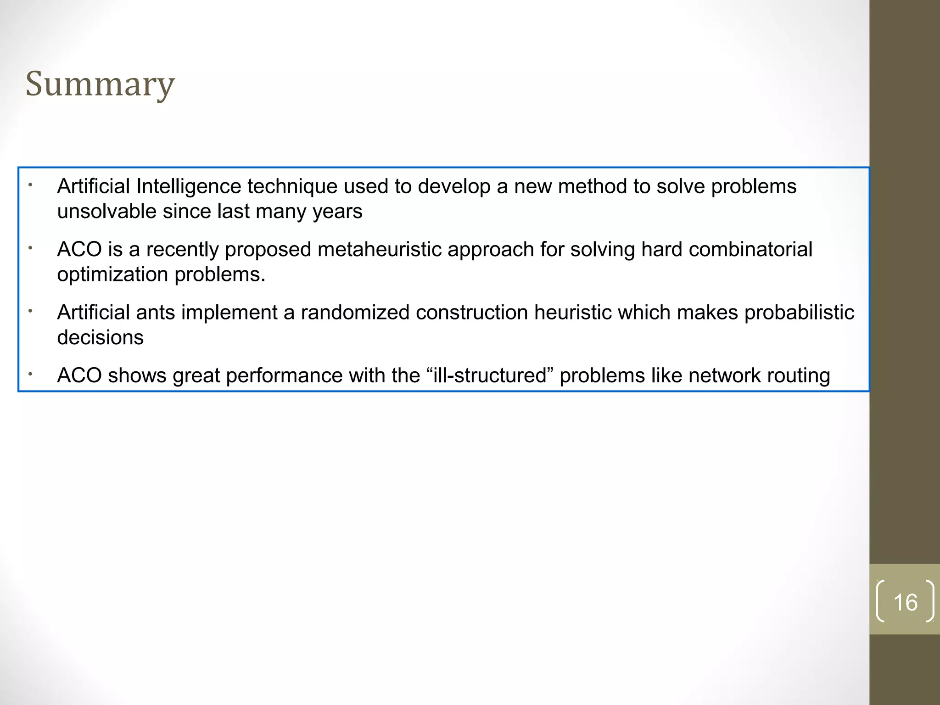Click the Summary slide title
pos(100,84)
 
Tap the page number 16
pos(905,602)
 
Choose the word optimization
pos(112,275)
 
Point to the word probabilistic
pos(799,313)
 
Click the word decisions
pos(100,338)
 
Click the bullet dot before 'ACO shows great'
pos(30,374)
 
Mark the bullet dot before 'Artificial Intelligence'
pos(30,185)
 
